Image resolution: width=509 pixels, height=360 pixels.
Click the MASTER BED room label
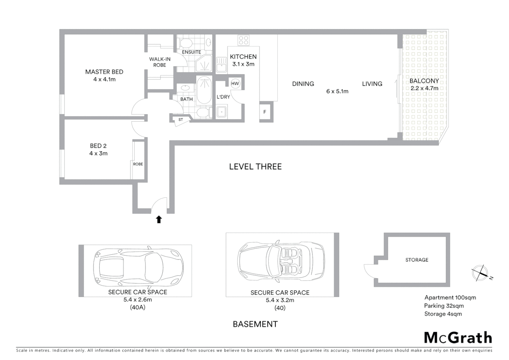click(x=104, y=72)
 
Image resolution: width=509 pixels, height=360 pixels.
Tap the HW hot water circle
click(x=235, y=83)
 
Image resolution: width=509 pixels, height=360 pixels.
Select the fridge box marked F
click(x=265, y=112)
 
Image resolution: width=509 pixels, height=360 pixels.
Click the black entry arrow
click(x=159, y=219)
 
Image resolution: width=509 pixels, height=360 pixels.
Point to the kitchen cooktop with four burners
click(x=244, y=40)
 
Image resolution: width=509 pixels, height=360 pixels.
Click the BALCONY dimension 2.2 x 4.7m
click(x=424, y=88)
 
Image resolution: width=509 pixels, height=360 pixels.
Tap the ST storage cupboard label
click(x=181, y=120)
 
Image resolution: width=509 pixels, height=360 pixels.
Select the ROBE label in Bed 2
click(x=138, y=164)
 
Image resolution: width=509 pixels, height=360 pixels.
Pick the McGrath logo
click(x=458, y=338)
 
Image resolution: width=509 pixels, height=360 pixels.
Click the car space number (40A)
click(x=138, y=307)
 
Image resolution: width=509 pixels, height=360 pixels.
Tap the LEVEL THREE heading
click(x=255, y=167)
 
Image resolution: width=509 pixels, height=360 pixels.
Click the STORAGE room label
click(x=417, y=260)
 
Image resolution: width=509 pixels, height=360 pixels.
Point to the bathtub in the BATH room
click(x=204, y=90)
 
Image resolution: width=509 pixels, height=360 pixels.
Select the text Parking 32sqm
click(x=444, y=306)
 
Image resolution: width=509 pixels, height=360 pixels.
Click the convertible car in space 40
click(x=281, y=260)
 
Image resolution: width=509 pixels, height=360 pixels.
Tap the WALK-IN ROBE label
click(x=160, y=62)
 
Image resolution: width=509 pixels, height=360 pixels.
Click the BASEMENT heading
click(x=255, y=324)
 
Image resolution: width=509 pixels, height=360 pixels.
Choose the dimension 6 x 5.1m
click(x=337, y=91)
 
